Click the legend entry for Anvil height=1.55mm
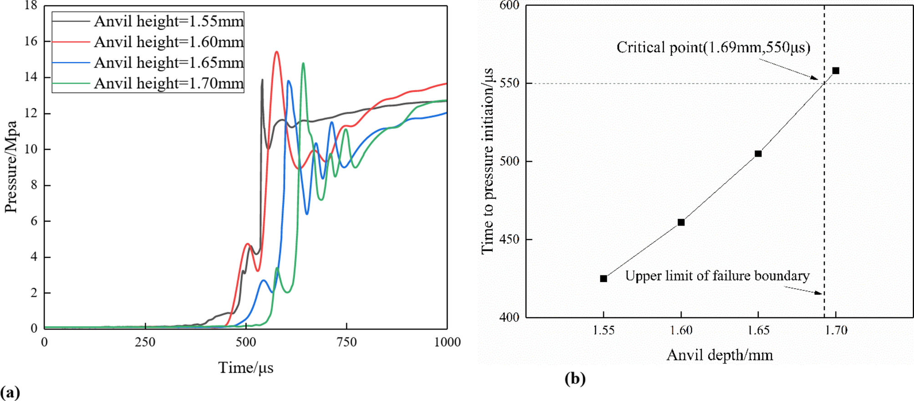169,21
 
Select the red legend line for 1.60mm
71,42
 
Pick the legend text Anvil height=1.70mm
169,83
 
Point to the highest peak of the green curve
303,64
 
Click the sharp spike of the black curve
262,80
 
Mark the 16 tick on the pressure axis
31,41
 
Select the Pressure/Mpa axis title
11,167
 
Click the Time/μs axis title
245,368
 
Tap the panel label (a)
10,392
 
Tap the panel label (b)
575,379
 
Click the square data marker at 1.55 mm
603,279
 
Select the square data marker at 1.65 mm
758,154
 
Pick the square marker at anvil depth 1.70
836,71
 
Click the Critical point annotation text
713,47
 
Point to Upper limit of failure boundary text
717,276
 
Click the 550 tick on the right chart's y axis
510,83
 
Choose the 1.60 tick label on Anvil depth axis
681,330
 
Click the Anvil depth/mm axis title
720,355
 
